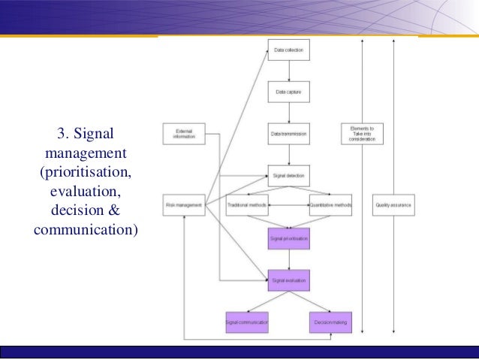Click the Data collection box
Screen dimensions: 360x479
tap(289, 50)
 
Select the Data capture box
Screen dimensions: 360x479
tap(289, 92)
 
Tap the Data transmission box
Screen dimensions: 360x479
tap(289, 134)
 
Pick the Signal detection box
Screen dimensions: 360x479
tap(289, 176)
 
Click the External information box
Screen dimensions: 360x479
tap(184, 134)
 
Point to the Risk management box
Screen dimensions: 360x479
tap(184, 205)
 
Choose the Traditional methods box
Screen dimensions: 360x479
tap(247, 205)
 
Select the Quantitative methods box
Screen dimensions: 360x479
tap(331, 205)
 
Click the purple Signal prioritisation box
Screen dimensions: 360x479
tap(289, 239)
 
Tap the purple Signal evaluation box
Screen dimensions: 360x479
tap(289, 280)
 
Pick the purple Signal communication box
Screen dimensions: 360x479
tap(247, 322)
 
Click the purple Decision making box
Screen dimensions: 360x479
tap(331, 322)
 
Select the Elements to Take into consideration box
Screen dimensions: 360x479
tap(362, 134)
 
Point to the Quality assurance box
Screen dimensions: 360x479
tap(393, 205)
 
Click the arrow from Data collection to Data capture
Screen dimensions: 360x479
tap(289, 71)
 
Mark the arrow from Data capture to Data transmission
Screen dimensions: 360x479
tap(289, 113)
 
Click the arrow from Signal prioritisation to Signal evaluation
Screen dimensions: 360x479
tap(289, 260)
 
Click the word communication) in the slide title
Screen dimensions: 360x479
tap(86, 227)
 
